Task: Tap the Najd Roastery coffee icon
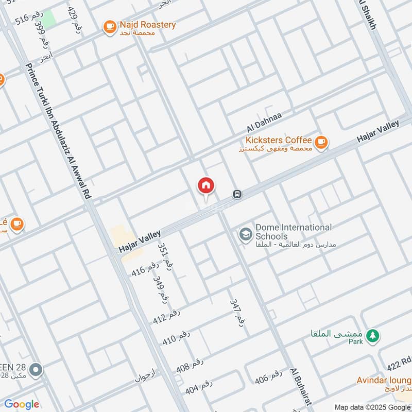[109, 27]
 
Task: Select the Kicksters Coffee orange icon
[321, 142]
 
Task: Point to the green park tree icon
[373, 336]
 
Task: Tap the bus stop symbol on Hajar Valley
[237, 195]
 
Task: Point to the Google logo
[22, 404]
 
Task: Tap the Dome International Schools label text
[294, 232]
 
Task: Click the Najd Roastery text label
[147, 25]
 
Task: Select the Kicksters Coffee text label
[278, 140]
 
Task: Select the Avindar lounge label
[384, 381]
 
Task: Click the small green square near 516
[48, 20]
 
